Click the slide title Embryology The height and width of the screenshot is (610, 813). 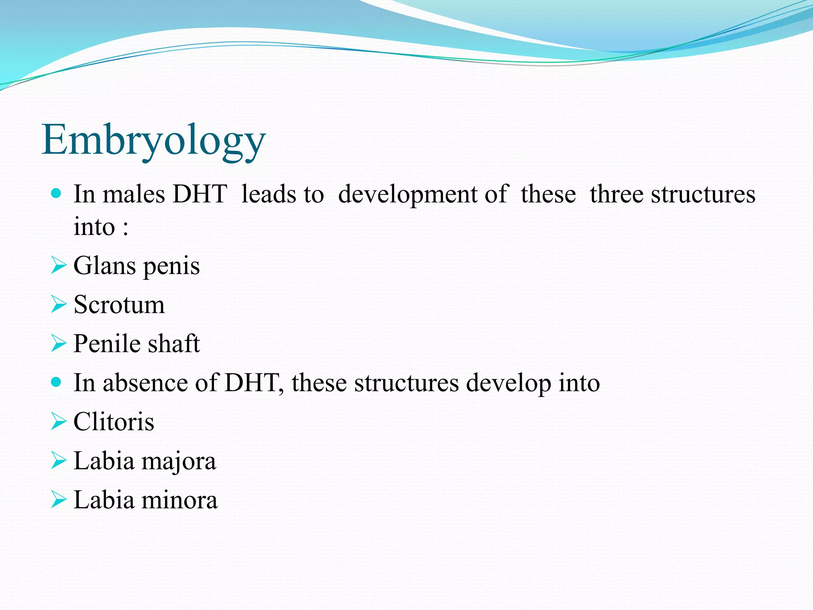(x=154, y=140)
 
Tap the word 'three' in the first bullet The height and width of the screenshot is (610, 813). (x=616, y=194)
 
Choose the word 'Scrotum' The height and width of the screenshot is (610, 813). (x=119, y=305)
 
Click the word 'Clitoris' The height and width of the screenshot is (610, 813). (x=114, y=421)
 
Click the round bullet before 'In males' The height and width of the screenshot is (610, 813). (x=56, y=194)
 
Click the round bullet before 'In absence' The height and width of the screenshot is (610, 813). (x=56, y=382)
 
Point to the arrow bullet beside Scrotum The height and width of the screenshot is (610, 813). (x=58, y=305)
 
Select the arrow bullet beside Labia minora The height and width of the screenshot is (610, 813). (x=58, y=500)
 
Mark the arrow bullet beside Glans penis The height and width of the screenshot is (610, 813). (x=58, y=265)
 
